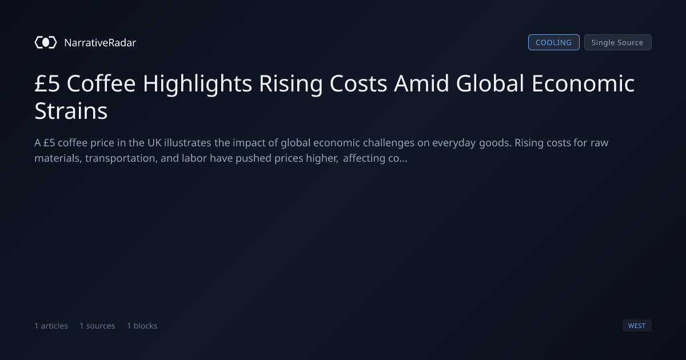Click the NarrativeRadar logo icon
[x=46, y=42]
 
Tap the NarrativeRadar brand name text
[x=100, y=42]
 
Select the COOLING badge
[x=554, y=42]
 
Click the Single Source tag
[x=618, y=42]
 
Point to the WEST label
[x=637, y=325]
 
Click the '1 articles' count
[x=51, y=326]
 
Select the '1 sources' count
[x=97, y=326]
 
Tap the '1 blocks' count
[x=142, y=326]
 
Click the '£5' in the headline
[x=47, y=83]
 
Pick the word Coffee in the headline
[x=101, y=83]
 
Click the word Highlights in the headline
[x=197, y=84]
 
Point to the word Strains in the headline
[x=71, y=111]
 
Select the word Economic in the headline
[x=583, y=83]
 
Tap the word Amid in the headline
[x=421, y=83]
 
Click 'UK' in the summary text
[x=154, y=143]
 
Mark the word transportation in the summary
[x=121, y=158]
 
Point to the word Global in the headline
[x=490, y=83]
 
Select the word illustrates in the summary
[x=188, y=143]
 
